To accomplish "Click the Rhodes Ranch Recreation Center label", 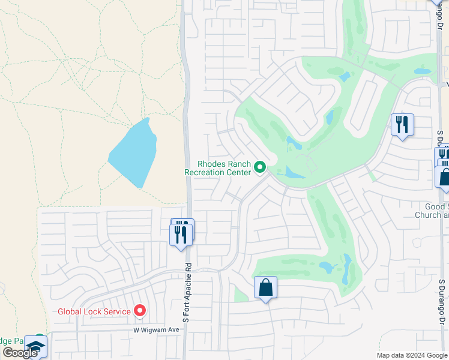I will (x=217, y=168).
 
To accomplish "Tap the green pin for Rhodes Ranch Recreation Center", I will (x=260, y=167).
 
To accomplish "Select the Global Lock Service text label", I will (x=94, y=311).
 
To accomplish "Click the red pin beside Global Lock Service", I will (x=140, y=311).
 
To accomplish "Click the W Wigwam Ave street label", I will (x=157, y=330).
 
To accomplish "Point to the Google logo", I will (x=19, y=353).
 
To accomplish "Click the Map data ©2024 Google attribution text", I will (x=411, y=355).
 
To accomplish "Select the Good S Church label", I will (x=433, y=211).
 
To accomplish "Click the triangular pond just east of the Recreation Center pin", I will (x=294, y=173).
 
